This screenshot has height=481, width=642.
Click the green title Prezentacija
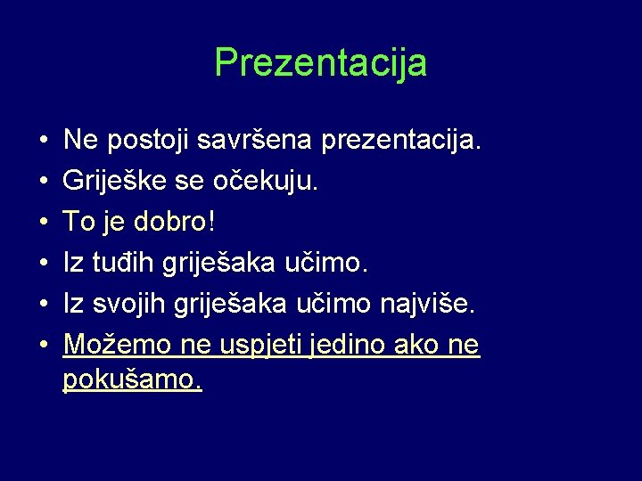click(321, 63)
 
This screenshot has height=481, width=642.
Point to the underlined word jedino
click(348, 345)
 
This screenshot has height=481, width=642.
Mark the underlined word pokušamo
click(132, 381)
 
